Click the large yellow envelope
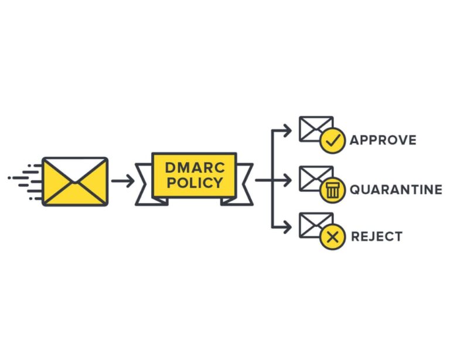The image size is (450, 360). click(75, 181)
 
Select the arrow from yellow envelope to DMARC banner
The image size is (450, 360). click(122, 181)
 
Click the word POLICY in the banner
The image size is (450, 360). click(194, 183)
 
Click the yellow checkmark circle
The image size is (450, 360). click(332, 141)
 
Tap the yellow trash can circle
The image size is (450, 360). click(332, 190)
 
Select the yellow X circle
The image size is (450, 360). click(332, 237)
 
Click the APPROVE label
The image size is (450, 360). click(383, 140)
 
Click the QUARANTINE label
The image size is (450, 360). click(396, 189)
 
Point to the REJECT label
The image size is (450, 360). click(376, 237)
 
